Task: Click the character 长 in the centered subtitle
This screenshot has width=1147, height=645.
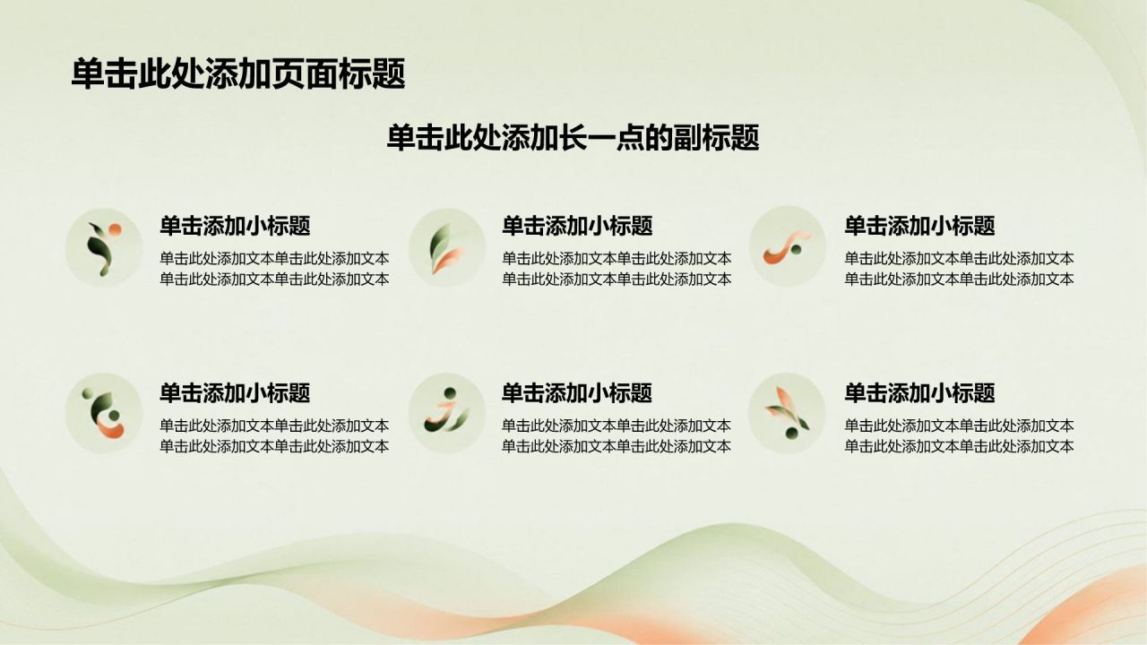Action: [573, 137]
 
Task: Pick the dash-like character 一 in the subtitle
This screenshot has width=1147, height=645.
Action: [601, 137]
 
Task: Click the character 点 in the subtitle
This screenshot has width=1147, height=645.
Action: [630, 137]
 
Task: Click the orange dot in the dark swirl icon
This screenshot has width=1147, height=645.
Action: [116, 229]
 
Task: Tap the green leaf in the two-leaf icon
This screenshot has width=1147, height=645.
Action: [440, 242]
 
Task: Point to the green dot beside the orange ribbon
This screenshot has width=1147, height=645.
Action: [797, 250]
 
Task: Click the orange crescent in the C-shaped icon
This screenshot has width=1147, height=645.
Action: [111, 429]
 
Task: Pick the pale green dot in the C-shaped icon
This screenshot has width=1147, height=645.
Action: [86, 392]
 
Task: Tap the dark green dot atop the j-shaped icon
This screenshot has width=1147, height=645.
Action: [450, 393]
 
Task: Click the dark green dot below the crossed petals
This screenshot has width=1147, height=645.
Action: [791, 434]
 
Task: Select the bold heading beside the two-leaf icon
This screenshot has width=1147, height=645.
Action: [577, 226]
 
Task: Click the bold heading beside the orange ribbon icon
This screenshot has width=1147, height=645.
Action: [919, 226]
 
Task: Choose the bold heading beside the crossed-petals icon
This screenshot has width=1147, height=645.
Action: [919, 393]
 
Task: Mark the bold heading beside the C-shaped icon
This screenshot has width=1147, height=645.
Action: [235, 393]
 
